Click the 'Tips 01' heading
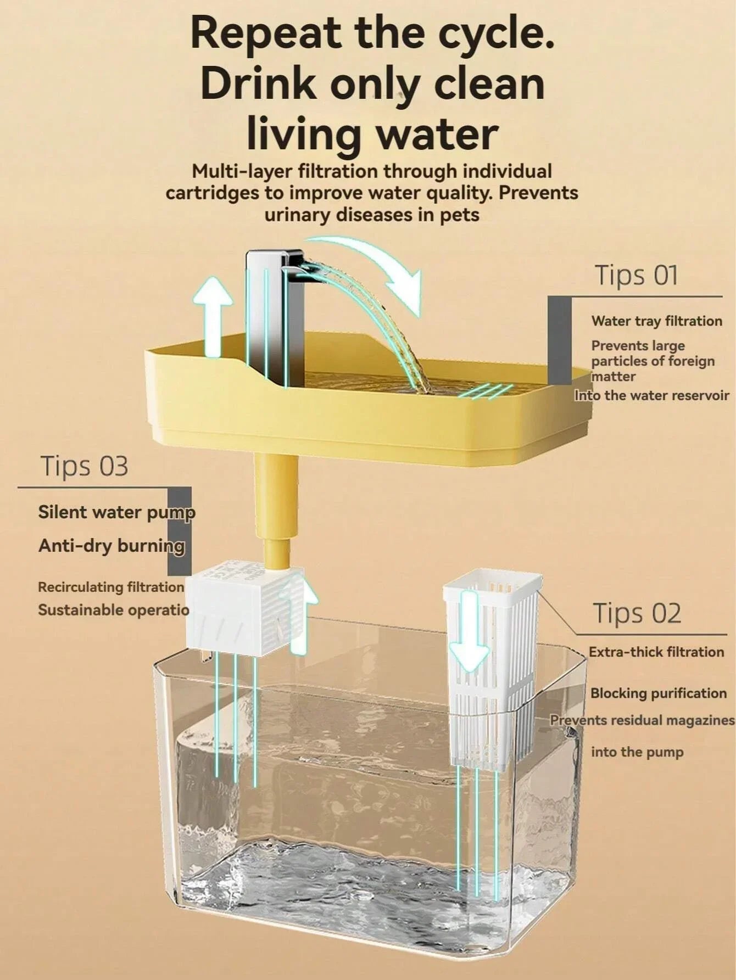pyautogui.click(x=637, y=275)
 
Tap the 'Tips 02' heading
pyautogui.click(x=637, y=613)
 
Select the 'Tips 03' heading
pyautogui.click(x=84, y=466)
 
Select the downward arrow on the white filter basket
pyautogui.click(x=469, y=631)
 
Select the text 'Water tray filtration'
pyautogui.click(x=656, y=321)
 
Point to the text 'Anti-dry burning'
pyautogui.click(x=111, y=546)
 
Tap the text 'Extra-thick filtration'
pyautogui.click(x=656, y=652)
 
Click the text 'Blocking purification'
pyautogui.click(x=658, y=693)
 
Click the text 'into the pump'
pyautogui.click(x=637, y=752)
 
